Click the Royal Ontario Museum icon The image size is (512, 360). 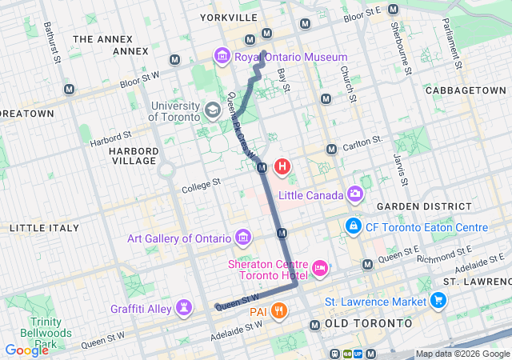(222, 57)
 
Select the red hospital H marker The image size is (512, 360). (282, 167)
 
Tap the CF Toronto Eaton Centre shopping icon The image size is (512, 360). (352, 227)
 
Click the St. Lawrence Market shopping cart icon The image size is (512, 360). (438, 301)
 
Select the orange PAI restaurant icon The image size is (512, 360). (278, 310)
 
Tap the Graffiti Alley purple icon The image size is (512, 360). (186, 306)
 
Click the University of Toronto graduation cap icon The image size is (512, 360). (213, 110)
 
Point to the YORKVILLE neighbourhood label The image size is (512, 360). (229, 17)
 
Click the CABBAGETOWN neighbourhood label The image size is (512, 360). (467, 91)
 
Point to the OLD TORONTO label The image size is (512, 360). (369, 323)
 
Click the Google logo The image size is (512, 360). (26, 350)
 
